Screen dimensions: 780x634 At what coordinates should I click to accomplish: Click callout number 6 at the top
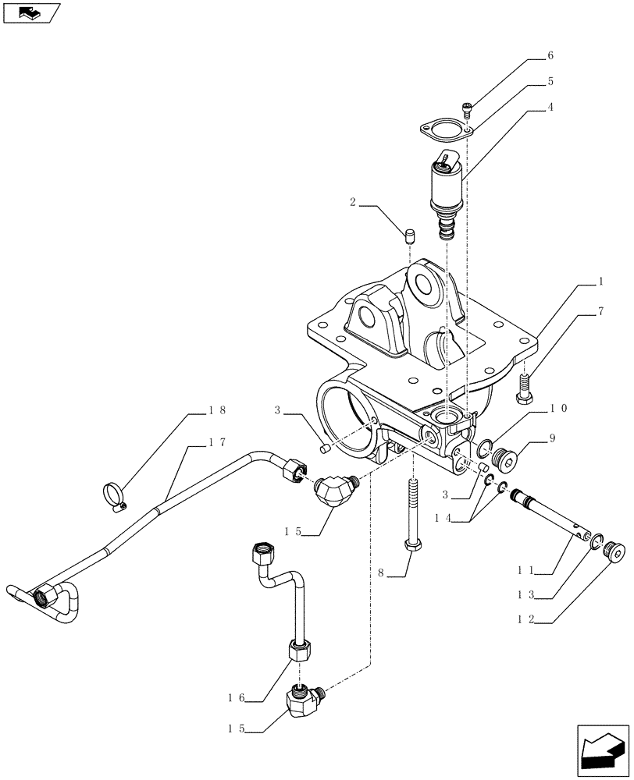click(550, 56)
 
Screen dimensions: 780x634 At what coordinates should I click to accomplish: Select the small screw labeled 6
click(468, 108)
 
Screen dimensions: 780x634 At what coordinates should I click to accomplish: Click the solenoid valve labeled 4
click(446, 187)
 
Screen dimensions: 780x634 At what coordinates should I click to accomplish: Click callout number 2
click(354, 203)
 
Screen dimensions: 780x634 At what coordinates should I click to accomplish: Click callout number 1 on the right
click(601, 280)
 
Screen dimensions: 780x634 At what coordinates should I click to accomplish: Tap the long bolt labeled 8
click(412, 515)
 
